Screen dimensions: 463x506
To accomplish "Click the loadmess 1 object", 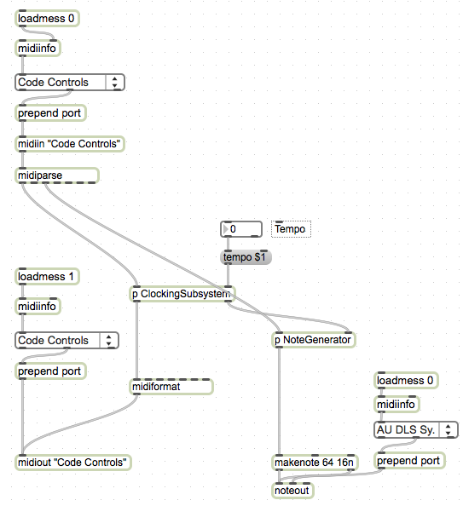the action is tap(47, 277).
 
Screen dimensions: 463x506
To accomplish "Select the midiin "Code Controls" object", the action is tap(70, 144).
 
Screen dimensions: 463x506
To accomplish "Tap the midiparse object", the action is tap(57, 175).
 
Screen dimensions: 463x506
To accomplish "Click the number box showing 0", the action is tap(241, 229).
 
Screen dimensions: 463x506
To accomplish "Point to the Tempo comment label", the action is tap(291, 229).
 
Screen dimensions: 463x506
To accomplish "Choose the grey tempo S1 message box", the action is tap(246, 257).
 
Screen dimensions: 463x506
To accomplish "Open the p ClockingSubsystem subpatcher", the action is tap(182, 294).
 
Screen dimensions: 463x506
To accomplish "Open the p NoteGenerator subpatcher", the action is tap(314, 340).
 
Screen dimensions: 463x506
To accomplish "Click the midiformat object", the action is tap(171, 387).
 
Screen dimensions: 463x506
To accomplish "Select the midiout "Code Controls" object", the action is tap(73, 463).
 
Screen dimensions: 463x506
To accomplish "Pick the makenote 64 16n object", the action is tap(315, 463).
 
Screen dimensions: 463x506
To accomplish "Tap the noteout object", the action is tap(292, 491).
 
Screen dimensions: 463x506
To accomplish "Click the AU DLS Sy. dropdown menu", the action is tap(415, 430).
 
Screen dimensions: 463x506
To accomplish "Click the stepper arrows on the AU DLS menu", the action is tap(449, 430).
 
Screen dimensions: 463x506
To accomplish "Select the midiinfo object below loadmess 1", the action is tap(38, 307).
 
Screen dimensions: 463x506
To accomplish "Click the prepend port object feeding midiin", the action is tap(50, 113).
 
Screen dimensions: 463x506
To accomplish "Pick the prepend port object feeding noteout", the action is tap(409, 461).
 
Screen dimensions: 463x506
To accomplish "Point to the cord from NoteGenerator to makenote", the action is tap(279, 401).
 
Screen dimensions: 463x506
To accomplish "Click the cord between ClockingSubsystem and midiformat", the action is tap(136, 341).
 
